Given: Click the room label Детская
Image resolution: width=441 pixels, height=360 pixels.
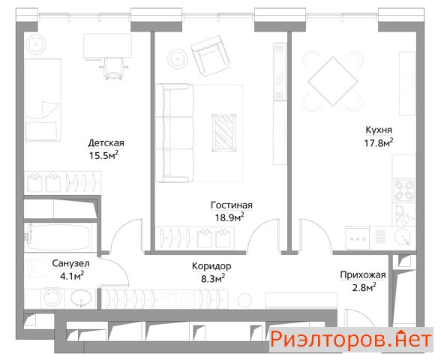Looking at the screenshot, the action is click(106, 142).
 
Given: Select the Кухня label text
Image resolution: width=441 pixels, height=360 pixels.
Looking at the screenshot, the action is click(379, 130).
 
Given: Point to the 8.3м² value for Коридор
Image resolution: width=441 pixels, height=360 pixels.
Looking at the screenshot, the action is click(213, 278).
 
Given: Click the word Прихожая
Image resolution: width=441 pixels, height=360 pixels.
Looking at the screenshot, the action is click(363, 274).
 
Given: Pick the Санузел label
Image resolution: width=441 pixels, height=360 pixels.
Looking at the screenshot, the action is click(70, 263).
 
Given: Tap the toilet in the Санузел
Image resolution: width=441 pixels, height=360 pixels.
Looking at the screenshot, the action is click(37, 268).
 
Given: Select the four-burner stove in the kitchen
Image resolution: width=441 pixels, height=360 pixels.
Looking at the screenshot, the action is click(404, 190).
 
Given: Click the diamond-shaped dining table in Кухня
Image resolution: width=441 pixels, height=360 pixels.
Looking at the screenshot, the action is click(333, 82).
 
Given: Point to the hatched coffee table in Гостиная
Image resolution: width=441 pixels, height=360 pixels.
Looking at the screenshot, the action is click(223, 133).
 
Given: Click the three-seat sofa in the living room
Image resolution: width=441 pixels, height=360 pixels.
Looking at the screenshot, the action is click(174, 133).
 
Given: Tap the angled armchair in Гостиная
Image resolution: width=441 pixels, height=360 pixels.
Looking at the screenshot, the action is click(209, 55).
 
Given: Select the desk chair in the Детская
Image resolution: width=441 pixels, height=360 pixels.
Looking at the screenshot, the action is click(114, 68).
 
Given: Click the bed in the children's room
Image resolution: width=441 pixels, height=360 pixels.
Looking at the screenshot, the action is click(43, 100).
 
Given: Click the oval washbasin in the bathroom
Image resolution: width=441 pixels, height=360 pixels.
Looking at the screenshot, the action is click(81, 297).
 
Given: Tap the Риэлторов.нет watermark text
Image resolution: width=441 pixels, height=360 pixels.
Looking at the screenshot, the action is click(351, 340).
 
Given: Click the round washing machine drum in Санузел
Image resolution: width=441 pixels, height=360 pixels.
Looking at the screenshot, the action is click(52, 298).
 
